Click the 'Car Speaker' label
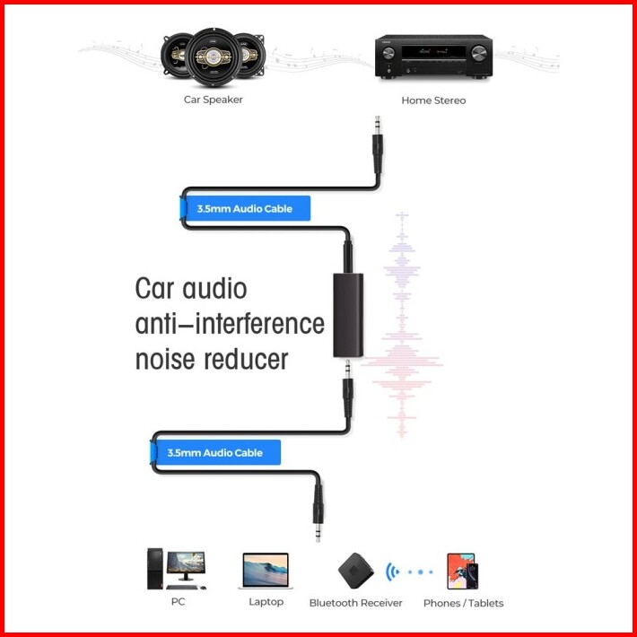pyautogui.click(x=213, y=100)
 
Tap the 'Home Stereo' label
pyautogui.click(x=433, y=100)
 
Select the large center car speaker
pyautogui.click(x=214, y=57)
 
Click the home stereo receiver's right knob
pyautogui.click(x=479, y=53)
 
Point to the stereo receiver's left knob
pyautogui.click(x=388, y=53)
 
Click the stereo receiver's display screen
pyautogui.click(x=433, y=52)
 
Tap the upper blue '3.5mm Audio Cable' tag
pyautogui.click(x=245, y=208)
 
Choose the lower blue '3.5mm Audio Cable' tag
pyautogui.click(x=215, y=452)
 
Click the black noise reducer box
pyautogui.click(x=348, y=315)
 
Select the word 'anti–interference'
pyautogui.click(x=230, y=324)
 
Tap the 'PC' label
pyautogui.click(x=178, y=601)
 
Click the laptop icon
pyautogui.click(x=266, y=571)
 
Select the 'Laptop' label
pyautogui.click(x=266, y=602)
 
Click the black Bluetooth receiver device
pyautogui.click(x=356, y=571)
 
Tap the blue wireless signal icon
pyautogui.click(x=392, y=572)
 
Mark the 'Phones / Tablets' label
pyautogui.click(x=463, y=603)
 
